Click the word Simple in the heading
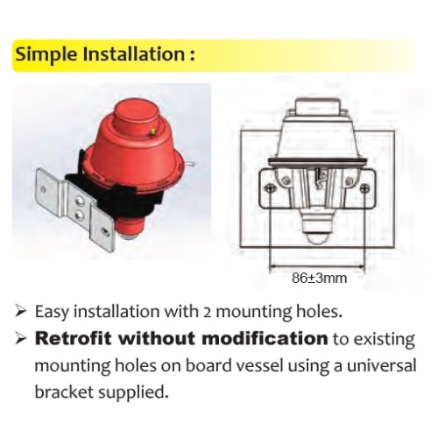(46, 55)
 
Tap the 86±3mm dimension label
(320, 279)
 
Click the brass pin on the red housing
(152, 131)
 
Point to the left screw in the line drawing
(270, 188)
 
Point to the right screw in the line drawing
(364, 188)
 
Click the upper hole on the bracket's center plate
(79, 201)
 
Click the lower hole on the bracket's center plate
(79, 215)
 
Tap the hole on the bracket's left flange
(43, 189)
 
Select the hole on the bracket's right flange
(104, 232)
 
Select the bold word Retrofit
(74, 338)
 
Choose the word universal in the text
(381, 365)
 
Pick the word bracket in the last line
(64, 392)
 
